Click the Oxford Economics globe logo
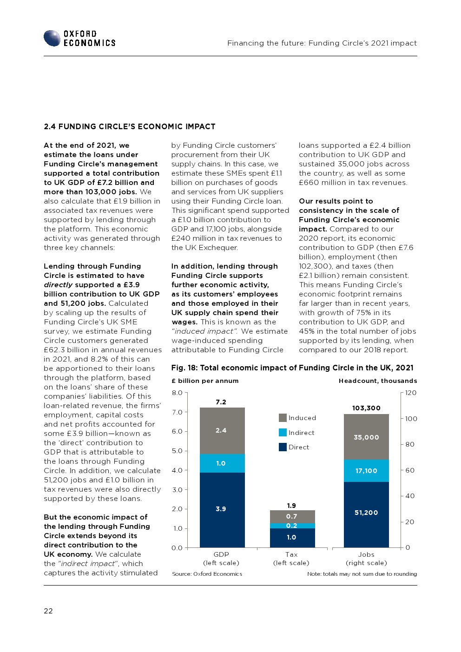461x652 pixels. [x=52, y=38]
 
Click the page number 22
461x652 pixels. [x=48, y=611]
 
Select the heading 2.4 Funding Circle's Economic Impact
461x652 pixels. [x=130, y=126]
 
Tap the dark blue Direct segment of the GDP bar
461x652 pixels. [x=222, y=509]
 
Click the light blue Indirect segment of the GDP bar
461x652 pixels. [x=222, y=463]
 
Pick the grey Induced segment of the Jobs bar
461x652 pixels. [x=366, y=437]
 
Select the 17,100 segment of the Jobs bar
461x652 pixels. [x=366, y=471]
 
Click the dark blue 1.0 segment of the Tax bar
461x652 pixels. [x=292, y=538]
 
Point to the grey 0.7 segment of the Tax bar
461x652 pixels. [x=292, y=516]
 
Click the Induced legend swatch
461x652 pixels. [x=283, y=418]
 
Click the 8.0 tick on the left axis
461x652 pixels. [x=177, y=393]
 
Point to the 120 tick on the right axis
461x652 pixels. [x=411, y=393]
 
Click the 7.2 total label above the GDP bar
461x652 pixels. [x=221, y=402]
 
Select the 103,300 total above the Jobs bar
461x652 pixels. [x=366, y=408]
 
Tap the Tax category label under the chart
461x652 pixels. [x=291, y=554]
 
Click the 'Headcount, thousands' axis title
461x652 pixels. [x=378, y=381]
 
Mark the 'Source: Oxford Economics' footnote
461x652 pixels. [x=207, y=574]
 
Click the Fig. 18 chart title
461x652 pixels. [x=292, y=368]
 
